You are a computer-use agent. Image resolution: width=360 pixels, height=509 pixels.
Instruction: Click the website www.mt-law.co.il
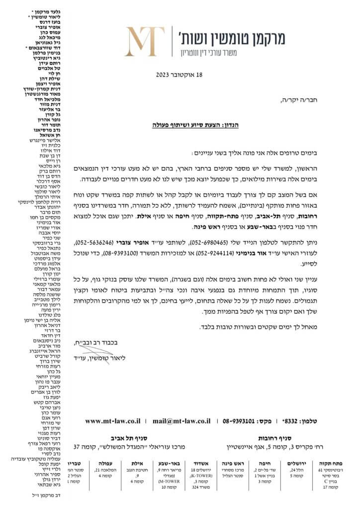click(x=113, y=421)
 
